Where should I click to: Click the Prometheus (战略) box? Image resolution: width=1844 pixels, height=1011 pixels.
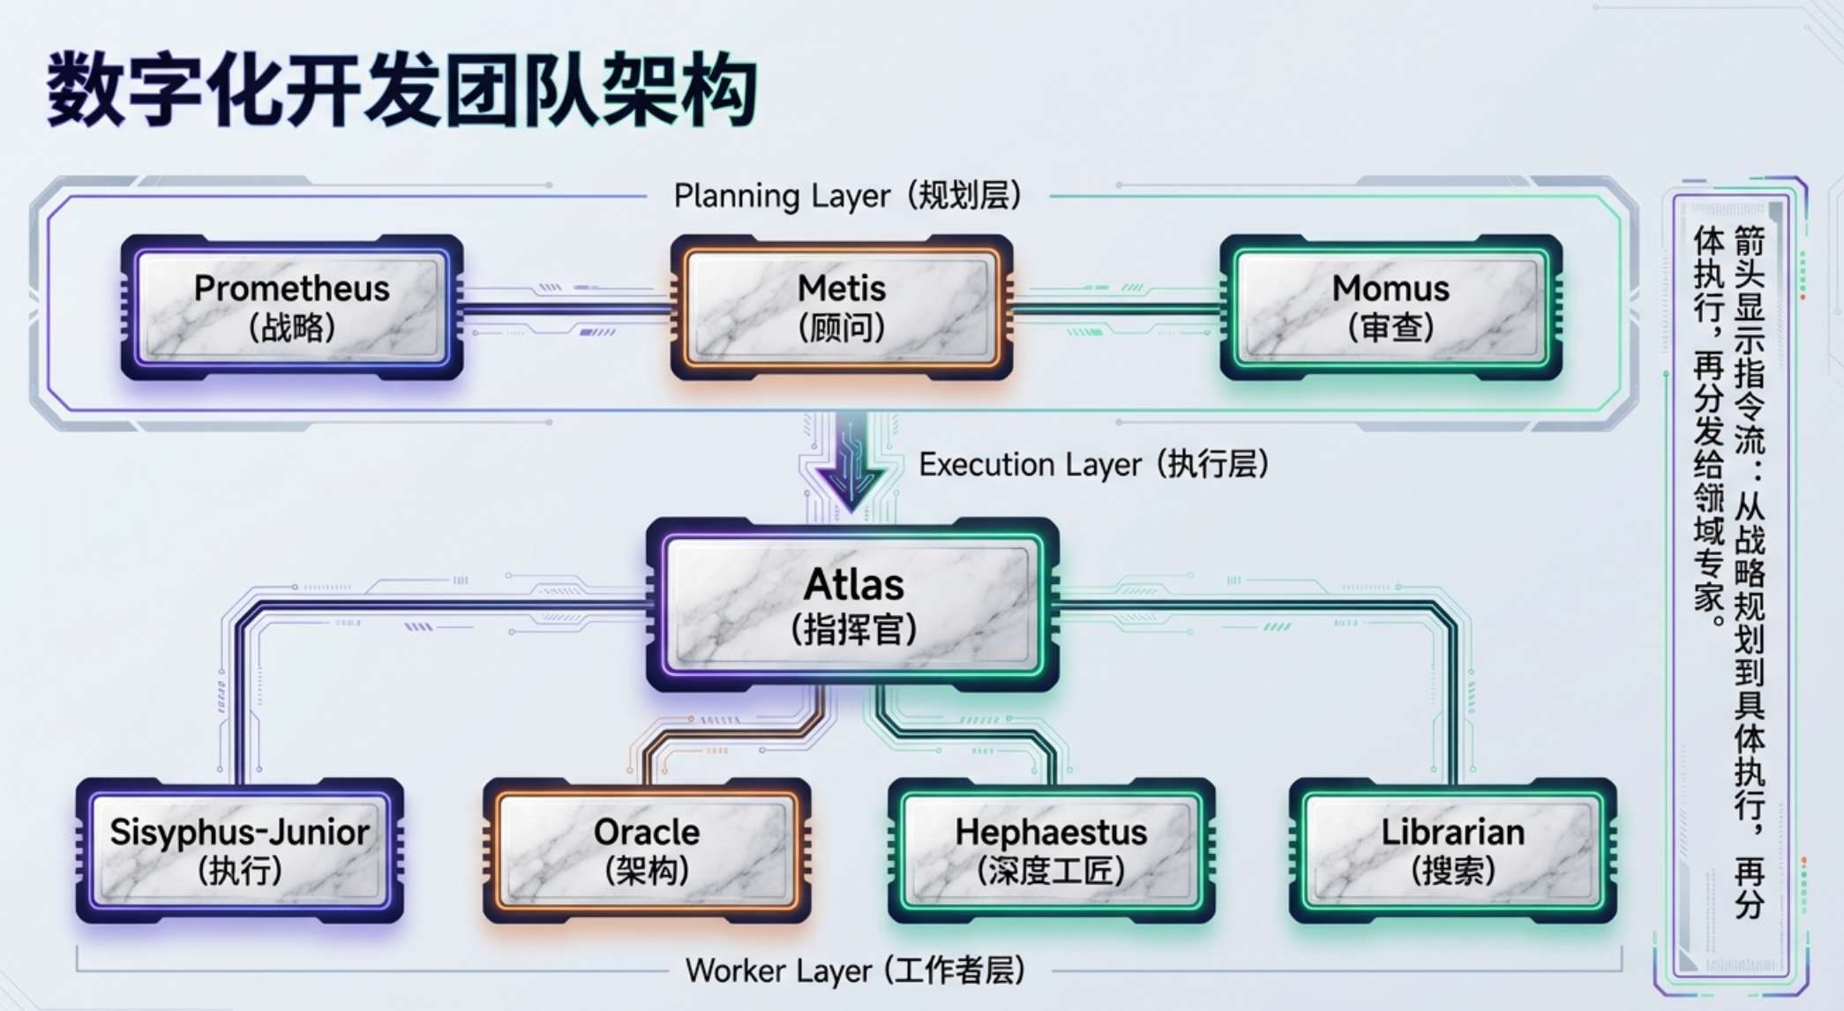(x=292, y=307)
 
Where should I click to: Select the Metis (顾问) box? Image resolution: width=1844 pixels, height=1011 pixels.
(x=842, y=307)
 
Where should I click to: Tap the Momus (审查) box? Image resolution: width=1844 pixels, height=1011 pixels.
(x=1391, y=307)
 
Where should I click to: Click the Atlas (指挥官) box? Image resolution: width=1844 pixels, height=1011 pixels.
(x=853, y=604)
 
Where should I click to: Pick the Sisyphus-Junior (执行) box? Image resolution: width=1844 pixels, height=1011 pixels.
(x=240, y=850)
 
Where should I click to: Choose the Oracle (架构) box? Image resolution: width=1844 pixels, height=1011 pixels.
(x=647, y=850)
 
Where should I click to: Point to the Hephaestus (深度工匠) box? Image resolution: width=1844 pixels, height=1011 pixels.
(x=1052, y=850)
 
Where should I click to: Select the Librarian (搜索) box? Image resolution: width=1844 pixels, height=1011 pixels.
(x=1453, y=850)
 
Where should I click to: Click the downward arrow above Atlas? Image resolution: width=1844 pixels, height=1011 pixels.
(x=851, y=461)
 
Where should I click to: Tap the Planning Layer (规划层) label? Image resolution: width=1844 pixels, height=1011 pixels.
(x=848, y=195)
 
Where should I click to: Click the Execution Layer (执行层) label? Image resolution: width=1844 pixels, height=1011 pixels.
(x=1094, y=464)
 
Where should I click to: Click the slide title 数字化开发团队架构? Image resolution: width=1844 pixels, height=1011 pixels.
(x=401, y=91)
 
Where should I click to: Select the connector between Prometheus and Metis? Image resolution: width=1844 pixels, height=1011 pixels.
(x=566, y=309)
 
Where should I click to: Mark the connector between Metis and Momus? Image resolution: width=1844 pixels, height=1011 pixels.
(x=1117, y=309)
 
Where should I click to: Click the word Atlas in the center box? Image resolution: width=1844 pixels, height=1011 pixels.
(x=854, y=584)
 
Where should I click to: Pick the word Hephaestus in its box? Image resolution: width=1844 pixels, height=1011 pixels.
(x=1052, y=832)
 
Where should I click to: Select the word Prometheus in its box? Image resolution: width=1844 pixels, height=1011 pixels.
(x=292, y=288)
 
